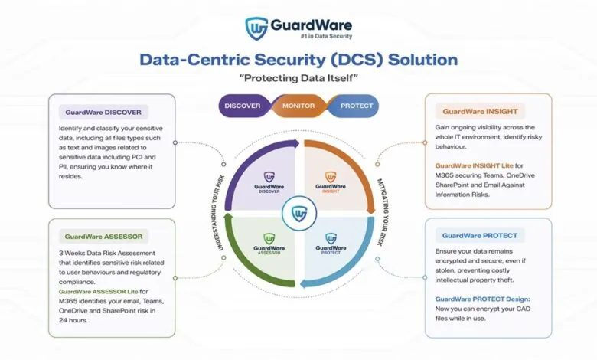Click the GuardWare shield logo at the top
256,27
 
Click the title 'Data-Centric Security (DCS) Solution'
299,60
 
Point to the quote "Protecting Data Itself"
298,79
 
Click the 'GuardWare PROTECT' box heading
480,235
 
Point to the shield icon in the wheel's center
298,213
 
